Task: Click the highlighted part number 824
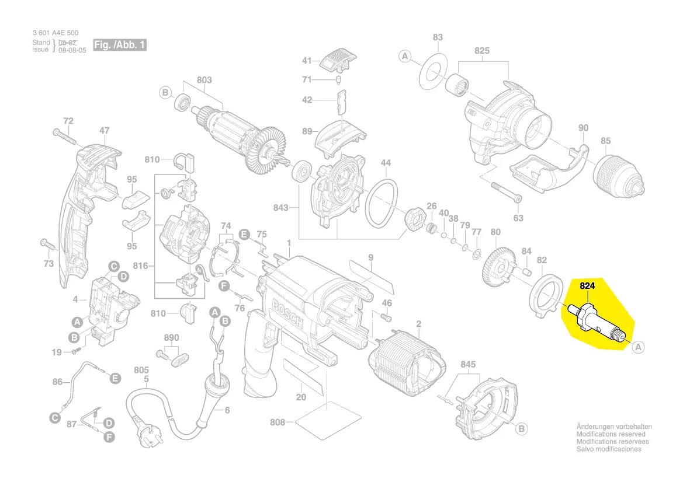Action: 587,286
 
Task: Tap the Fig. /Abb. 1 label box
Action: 119,45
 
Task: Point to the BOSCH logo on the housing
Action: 287,314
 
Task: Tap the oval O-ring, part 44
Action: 381,203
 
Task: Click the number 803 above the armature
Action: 204,79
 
